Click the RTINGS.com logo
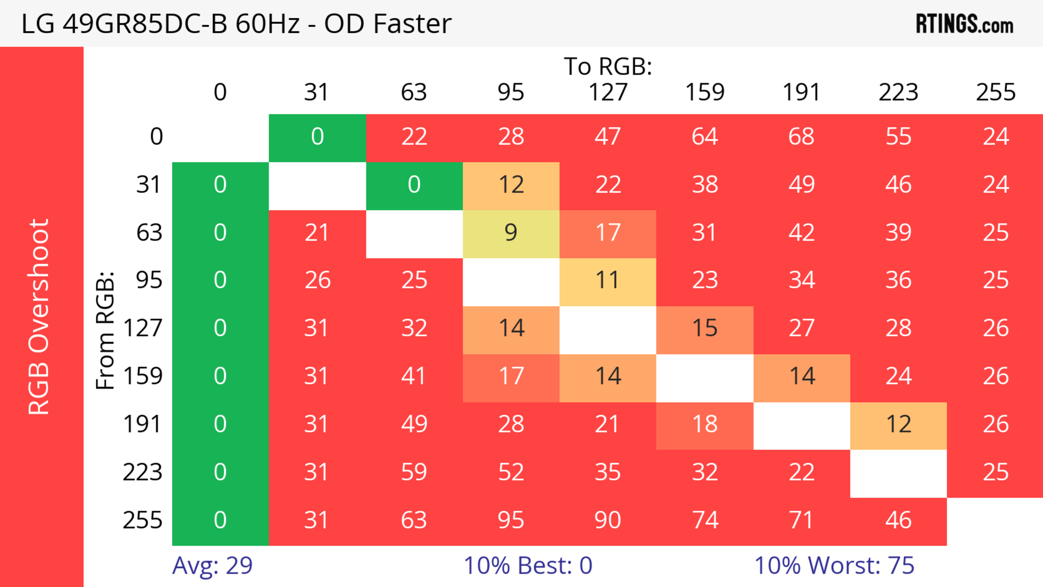pos(965,23)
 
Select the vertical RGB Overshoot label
pos(39,316)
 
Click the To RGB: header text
pos(608,66)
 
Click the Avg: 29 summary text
pos(212,565)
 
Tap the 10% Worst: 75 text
pos(834,565)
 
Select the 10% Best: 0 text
pos(527,565)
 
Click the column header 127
pos(608,92)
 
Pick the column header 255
pos(995,92)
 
